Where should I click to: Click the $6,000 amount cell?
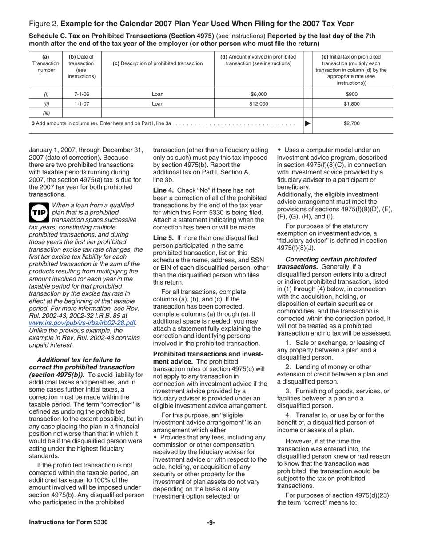(x=259, y=94)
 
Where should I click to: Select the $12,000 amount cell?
(x=259, y=104)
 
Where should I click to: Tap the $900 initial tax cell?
(x=351, y=94)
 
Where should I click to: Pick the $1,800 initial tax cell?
(x=351, y=104)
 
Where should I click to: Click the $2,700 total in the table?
(x=351, y=123)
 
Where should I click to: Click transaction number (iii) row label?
(x=46, y=113)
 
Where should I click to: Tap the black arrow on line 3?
(x=307, y=123)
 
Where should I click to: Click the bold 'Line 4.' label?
(x=163, y=190)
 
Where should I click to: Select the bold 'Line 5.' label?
(x=163, y=238)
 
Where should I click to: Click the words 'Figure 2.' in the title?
(x=43, y=24)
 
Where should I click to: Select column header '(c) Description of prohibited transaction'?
(x=158, y=63)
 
